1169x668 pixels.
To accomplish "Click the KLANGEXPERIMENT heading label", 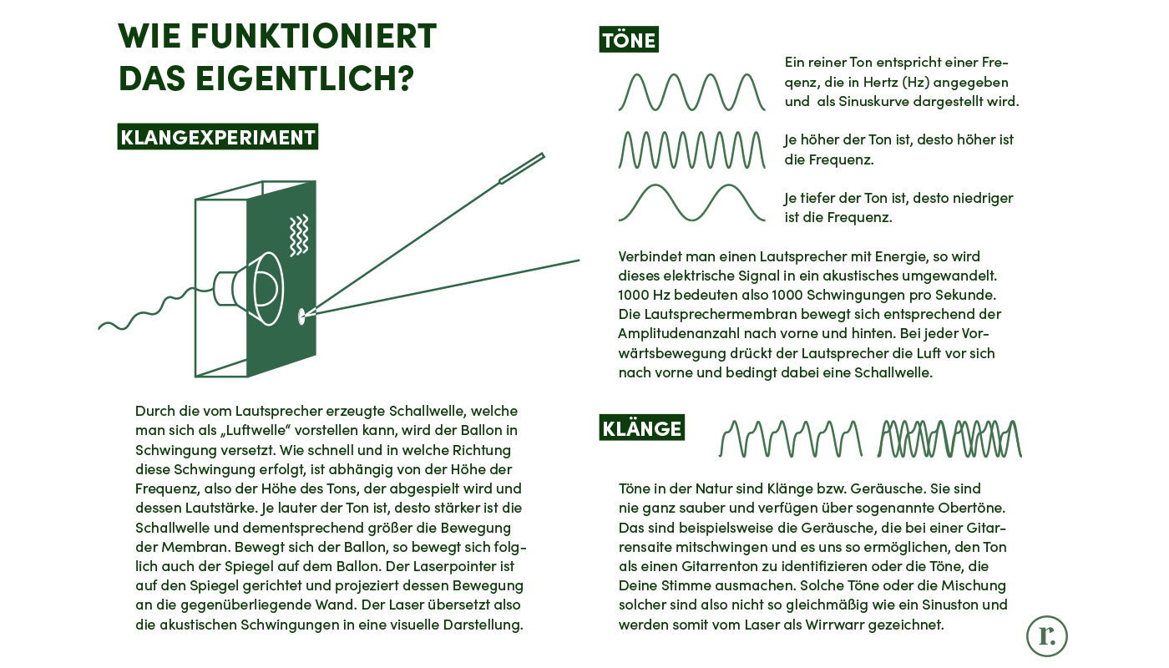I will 217,137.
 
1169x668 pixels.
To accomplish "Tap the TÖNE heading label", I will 629,39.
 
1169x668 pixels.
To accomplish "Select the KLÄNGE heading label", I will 641,428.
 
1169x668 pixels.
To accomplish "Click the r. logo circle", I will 1046,636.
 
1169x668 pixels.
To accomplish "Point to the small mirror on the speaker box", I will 301,316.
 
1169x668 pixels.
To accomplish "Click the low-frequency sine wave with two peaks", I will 691,203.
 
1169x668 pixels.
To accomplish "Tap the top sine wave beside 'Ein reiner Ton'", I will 691,92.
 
